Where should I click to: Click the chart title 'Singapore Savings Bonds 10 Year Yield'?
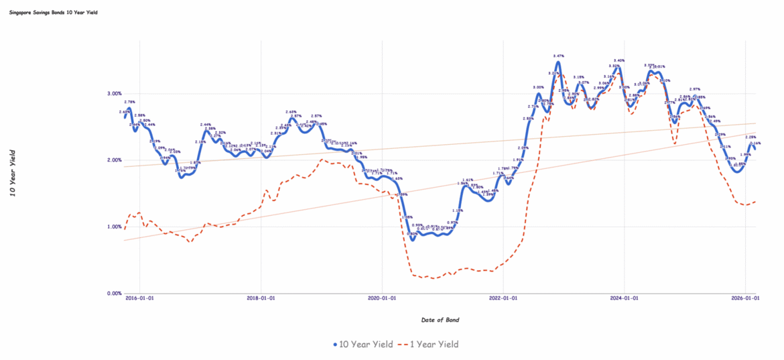coord(54,12)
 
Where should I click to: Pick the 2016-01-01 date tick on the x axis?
coord(140,299)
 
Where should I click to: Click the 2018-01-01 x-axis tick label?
coord(261,299)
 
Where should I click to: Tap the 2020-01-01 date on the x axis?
coord(381,299)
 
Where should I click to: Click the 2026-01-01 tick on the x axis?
coord(744,299)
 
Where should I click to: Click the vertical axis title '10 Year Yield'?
coord(13,173)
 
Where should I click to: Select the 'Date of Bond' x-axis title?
coord(440,320)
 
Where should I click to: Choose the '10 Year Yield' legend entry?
coord(363,344)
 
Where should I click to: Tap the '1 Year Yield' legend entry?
coord(430,344)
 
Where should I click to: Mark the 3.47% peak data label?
coord(559,56)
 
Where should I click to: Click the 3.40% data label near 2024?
coord(619,60)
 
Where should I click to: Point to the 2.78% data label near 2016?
coord(130,102)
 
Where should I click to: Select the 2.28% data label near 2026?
coord(751,137)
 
